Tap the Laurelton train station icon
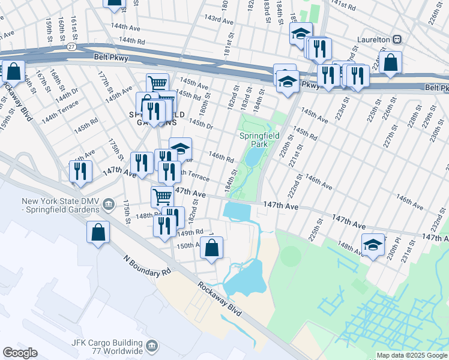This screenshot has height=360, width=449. pyautogui.click(x=397, y=38)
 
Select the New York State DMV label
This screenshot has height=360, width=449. pyautogui.click(x=60, y=205)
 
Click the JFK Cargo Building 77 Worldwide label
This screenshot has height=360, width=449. pyautogui.click(x=107, y=346)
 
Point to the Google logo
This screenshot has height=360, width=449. pyautogui.click(x=20, y=353)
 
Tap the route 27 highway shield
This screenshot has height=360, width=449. pyautogui.click(x=72, y=46)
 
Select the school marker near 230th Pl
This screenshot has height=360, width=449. pyautogui.click(x=373, y=244)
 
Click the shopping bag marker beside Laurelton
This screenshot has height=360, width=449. pyautogui.click(x=390, y=62)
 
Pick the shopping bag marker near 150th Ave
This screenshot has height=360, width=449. pyautogui.click(x=211, y=247)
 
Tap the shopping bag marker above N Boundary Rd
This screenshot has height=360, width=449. pyautogui.click(x=98, y=232)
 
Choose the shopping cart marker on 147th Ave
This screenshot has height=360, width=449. pyautogui.click(x=162, y=196)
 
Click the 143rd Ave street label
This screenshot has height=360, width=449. pyautogui.click(x=218, y=19)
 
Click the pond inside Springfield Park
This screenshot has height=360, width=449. pyautogui.click(x=253, y=157)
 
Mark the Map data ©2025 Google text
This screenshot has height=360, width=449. pyautogui.click(x=412, y=355)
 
